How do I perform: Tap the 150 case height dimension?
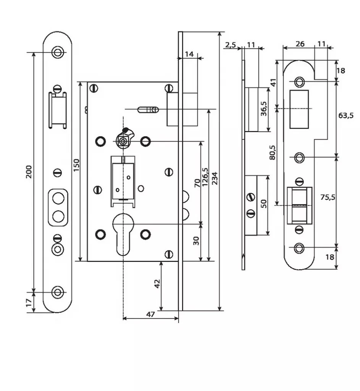coord(76,165)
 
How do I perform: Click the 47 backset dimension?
coord(151,314)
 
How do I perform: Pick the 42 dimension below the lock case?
coord(157,284)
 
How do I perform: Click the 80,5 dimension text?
coord(273,153)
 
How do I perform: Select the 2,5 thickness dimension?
coord(231,45)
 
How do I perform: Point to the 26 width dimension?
coord(300,44)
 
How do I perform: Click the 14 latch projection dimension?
coord(189,54)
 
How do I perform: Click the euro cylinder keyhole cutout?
coord(124,232)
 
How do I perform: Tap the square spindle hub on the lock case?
coord(123,141)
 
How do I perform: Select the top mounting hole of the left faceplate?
coord(58,52)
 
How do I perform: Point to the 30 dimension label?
coord(196,241)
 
